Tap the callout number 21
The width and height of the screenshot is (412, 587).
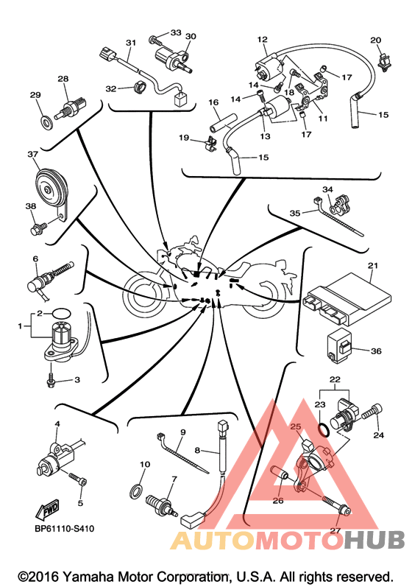click(373, 266)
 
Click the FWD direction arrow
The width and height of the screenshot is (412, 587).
click(49, 509)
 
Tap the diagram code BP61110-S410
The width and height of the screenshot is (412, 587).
click(64, 529)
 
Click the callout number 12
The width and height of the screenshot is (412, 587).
click(263, 39)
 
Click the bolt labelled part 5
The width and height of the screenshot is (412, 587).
click(79, 479)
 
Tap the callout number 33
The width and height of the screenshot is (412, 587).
click(176, 32)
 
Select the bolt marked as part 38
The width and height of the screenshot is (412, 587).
click(38, 228)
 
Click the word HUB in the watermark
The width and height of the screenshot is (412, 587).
click(374, 541)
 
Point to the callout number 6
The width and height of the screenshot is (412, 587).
click(35, 259)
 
